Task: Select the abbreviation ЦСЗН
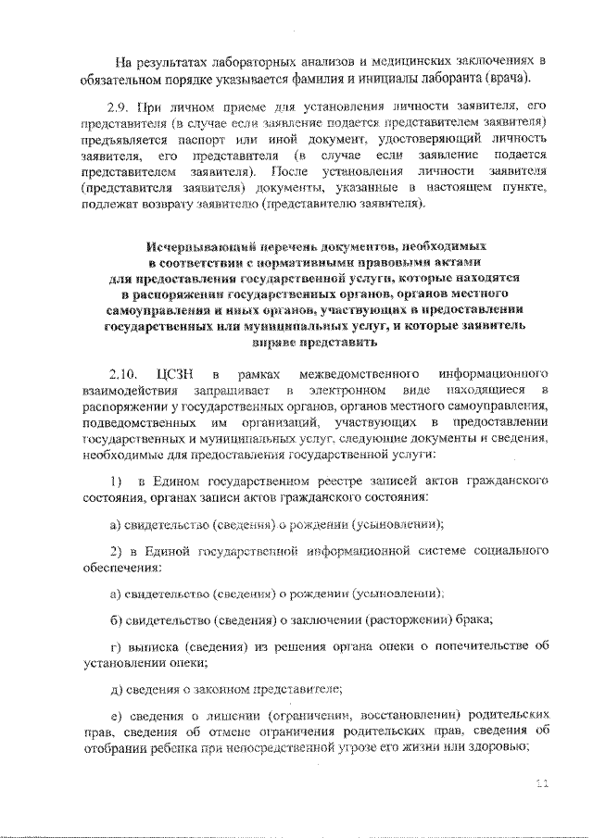(x=177, y=374)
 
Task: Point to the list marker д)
(x=115, y=688)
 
